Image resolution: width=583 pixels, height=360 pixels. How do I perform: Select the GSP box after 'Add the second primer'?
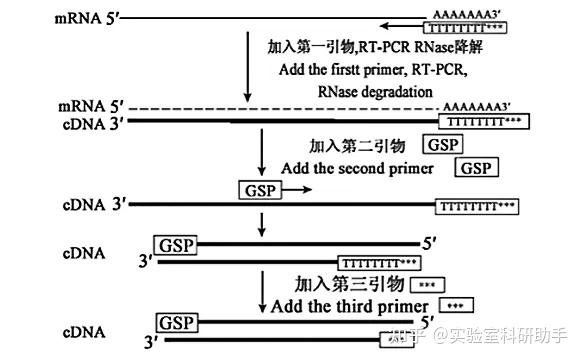click(x=477, y=168)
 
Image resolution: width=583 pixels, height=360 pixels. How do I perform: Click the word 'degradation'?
click(x=390, y=91)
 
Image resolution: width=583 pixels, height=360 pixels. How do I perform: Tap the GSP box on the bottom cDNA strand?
click(x=177, y=323)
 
